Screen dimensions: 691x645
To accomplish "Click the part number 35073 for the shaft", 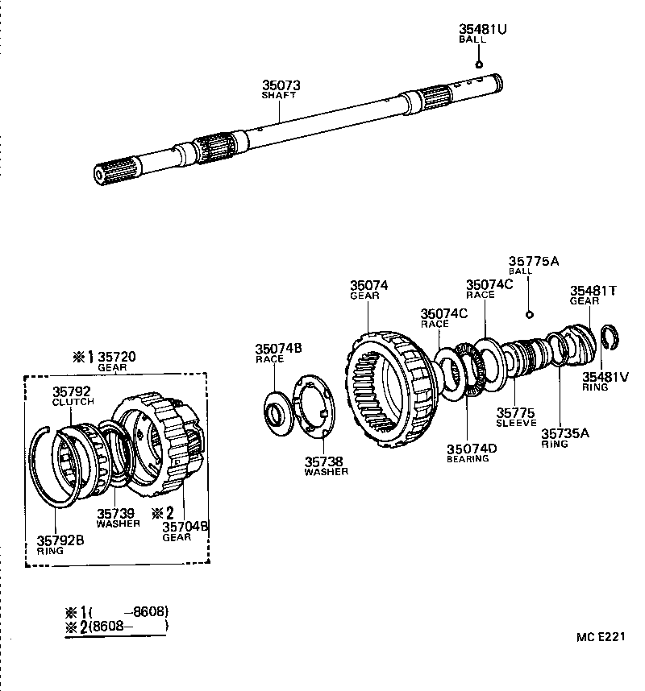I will (x=280, y=85).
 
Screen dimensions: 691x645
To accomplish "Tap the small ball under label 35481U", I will (x=479, y=64).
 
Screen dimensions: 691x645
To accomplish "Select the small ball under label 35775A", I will (x=529, y=313).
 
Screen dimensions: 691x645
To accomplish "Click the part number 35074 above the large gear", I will (x=368, y=285).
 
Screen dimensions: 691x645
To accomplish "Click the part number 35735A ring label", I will (x=565, y=433).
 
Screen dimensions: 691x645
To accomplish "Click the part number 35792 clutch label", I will (x=72, y=391).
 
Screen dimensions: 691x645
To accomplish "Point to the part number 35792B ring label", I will (x=60, y=540).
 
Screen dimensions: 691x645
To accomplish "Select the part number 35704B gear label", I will (x=185, y=527).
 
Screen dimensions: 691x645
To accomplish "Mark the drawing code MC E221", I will (x=601, y=637).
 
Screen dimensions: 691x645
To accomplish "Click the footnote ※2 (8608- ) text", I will (x=118, y=625).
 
